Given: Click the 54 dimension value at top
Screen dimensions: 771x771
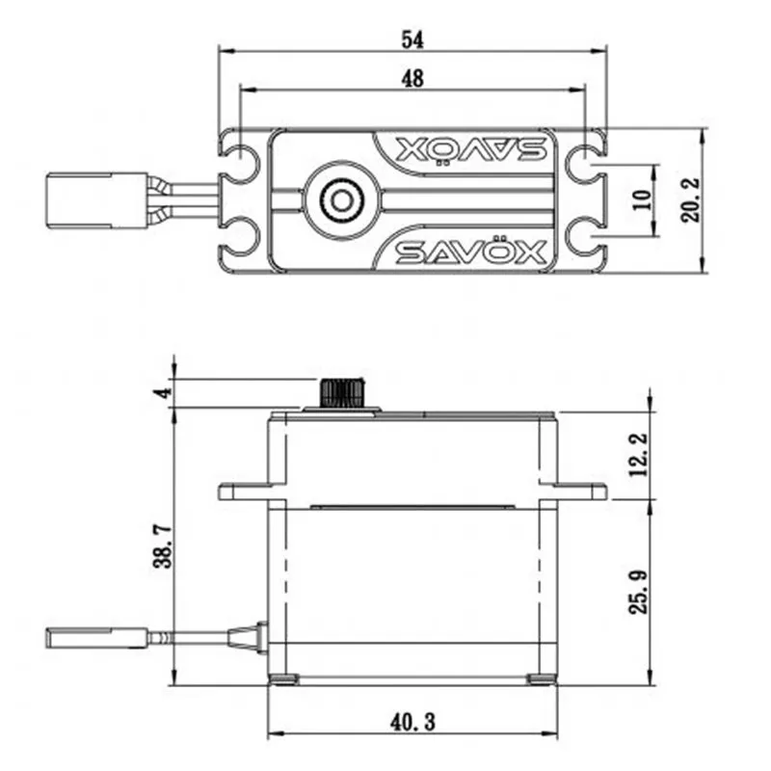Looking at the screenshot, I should point(412,39).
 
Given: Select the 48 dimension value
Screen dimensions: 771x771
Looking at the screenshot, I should point(412,80).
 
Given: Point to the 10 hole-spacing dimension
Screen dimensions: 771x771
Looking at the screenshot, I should point(644,200).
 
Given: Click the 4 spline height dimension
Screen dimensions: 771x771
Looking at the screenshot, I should point(165,392).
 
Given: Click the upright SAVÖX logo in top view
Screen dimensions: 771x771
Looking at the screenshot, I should point(470,253).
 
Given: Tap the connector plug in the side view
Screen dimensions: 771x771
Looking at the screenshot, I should point(96,636).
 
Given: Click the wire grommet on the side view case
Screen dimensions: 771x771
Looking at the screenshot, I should point(247,636).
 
